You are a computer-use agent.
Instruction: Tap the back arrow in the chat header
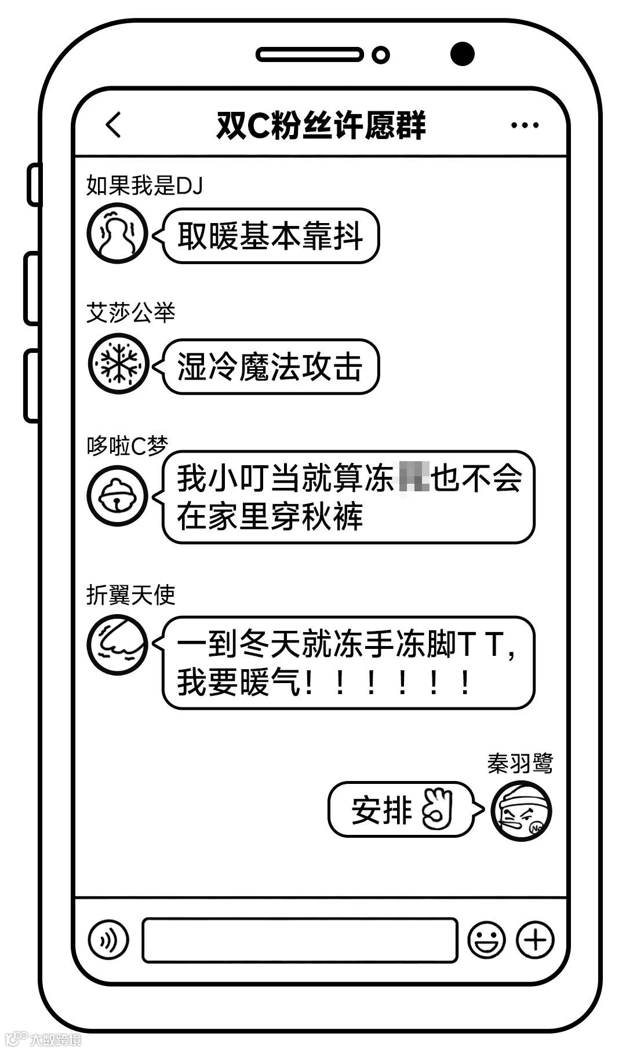point(114,125)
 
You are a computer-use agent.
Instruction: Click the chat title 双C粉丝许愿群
point(321,125)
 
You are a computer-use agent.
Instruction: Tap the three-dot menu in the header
point(525,125)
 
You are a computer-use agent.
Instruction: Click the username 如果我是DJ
point(144,186)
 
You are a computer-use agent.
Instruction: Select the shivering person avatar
point(118,233)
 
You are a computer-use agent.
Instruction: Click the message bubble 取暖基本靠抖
point(270,236)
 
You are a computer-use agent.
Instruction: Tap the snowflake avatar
point(118,364)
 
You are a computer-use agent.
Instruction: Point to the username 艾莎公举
point(131,313)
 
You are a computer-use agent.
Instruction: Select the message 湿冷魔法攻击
point(270,367)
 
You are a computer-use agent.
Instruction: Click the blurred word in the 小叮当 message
point(413,478)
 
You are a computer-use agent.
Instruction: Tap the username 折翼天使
point(131,595)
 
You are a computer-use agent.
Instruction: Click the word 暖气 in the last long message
point(270,682)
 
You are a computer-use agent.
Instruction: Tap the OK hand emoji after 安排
point(437,809)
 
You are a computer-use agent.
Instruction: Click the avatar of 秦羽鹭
point(521,811)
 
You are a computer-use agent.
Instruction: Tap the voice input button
point(108,940)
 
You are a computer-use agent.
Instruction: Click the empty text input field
point(300,940)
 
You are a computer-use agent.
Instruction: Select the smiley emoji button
point(486,940)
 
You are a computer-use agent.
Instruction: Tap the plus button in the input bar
point(535,940)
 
